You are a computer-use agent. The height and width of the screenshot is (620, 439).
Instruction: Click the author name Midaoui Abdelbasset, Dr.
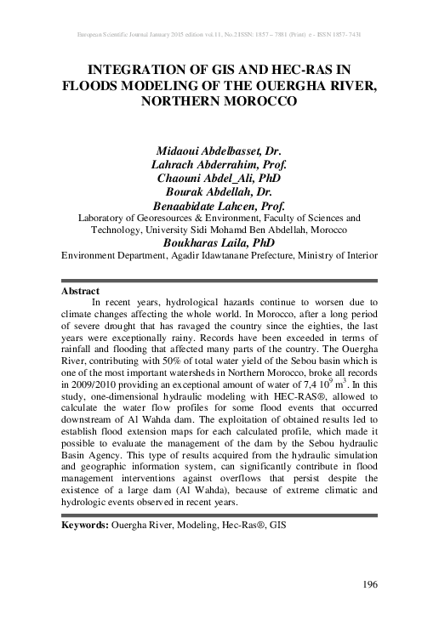[x=219, y=150]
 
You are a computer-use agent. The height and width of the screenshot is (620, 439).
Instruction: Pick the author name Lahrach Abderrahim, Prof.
[x=219, y=164]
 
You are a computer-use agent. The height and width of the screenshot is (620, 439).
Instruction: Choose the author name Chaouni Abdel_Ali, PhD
[x=219, y=178]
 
